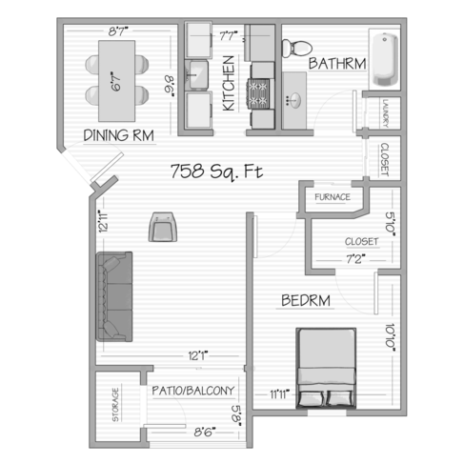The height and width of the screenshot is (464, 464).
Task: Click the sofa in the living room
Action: click(113, 298)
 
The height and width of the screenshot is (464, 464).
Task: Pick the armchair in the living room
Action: click(163, 229)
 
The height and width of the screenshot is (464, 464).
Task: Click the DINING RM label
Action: click(120, 134)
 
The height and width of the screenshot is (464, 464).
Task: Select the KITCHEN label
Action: click(229, 85)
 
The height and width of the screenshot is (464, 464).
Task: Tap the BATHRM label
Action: click(337, 64)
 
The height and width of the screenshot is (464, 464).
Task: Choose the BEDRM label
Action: click(306, 301)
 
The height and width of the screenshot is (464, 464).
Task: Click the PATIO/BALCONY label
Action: click(193, 391)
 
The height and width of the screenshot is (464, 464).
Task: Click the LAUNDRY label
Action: click(385, 111)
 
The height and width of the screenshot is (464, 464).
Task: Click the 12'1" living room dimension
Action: click(198, 356)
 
